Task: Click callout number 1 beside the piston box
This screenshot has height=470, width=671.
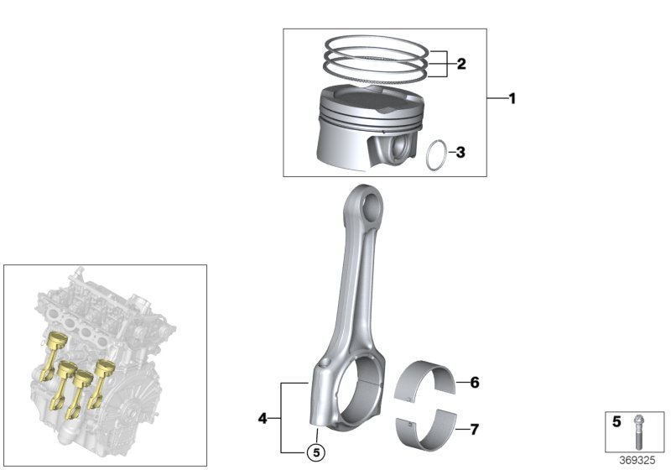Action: point(512,99)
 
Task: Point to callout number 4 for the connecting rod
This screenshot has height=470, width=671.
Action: point(263,417)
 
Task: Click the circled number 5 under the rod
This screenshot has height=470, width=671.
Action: point(315,452)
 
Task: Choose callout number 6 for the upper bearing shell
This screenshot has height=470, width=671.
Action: point(475,383)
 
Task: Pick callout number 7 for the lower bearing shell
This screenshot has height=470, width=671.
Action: point(475,431)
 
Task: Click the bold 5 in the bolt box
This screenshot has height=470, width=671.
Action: point(616,422)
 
